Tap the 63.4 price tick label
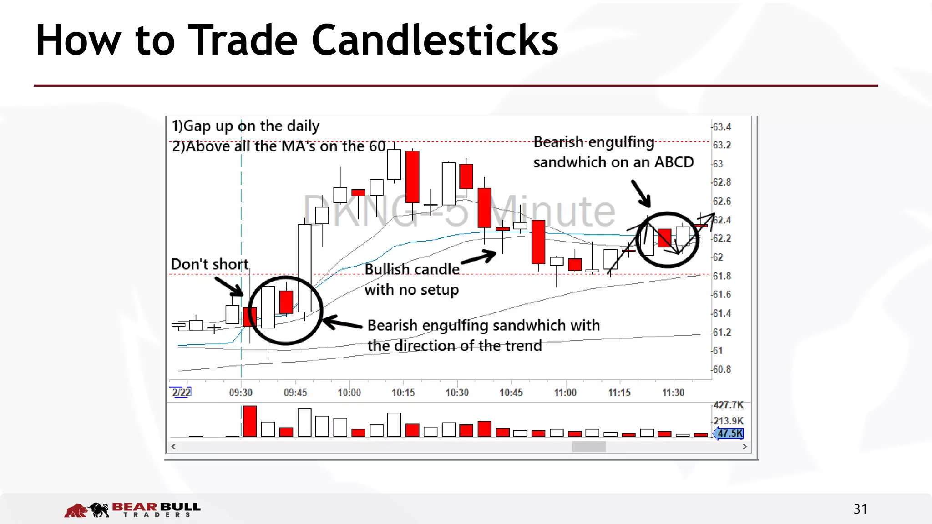point(722,127)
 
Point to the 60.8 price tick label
point(722,369)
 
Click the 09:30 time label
point(241,393)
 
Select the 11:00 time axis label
point(565,393)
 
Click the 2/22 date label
point(181,392)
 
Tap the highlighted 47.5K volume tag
point(729,433)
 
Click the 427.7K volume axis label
point(728,405)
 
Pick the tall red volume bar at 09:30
point(250,421)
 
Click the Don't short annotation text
point(210,264)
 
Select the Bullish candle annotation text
point(412,269)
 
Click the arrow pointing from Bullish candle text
point(480,257)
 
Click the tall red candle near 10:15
point(412,176)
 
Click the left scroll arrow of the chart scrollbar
point(173,447)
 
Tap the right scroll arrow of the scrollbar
point(745,447)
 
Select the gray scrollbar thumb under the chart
point(588,447)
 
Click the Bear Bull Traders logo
point(132,509)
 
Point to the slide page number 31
point(860,509)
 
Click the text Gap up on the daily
point(251,126)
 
